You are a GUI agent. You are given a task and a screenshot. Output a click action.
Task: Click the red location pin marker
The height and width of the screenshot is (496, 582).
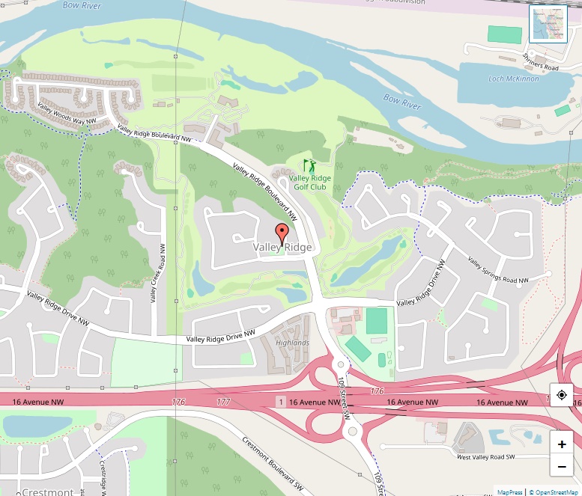tap(282, 233)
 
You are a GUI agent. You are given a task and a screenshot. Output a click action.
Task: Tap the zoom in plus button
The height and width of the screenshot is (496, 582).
tap(562, 444)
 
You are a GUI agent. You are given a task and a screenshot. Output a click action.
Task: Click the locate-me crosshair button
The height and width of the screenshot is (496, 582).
tap(562, 395)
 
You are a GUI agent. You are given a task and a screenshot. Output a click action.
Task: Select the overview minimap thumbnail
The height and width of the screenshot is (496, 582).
tap(548, 25)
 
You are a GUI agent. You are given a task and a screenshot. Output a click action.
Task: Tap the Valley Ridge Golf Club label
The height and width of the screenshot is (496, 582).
tap(309, 182)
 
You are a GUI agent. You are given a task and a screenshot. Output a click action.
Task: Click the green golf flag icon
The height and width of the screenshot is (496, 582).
tap(309, 165)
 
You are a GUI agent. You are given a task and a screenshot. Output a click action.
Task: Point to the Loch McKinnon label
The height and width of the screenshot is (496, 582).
tap(513, 79)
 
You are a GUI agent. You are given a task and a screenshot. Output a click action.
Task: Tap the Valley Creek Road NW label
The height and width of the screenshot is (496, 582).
tap(158, 274)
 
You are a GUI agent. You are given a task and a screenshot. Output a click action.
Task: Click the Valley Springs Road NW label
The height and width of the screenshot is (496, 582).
tap(498, 271)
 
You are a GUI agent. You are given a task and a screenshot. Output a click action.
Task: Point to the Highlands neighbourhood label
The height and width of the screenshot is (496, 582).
tap(292, 343)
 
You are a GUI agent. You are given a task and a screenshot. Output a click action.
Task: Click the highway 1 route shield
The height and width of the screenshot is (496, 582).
tap(281, 402)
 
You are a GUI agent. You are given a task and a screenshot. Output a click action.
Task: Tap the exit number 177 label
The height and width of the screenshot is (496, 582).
tap(223, 402)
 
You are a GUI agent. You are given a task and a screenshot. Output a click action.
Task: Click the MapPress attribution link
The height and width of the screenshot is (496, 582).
tap(510, 492)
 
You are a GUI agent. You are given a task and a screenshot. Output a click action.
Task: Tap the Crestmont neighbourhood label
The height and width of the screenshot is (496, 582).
tap(48, 492)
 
